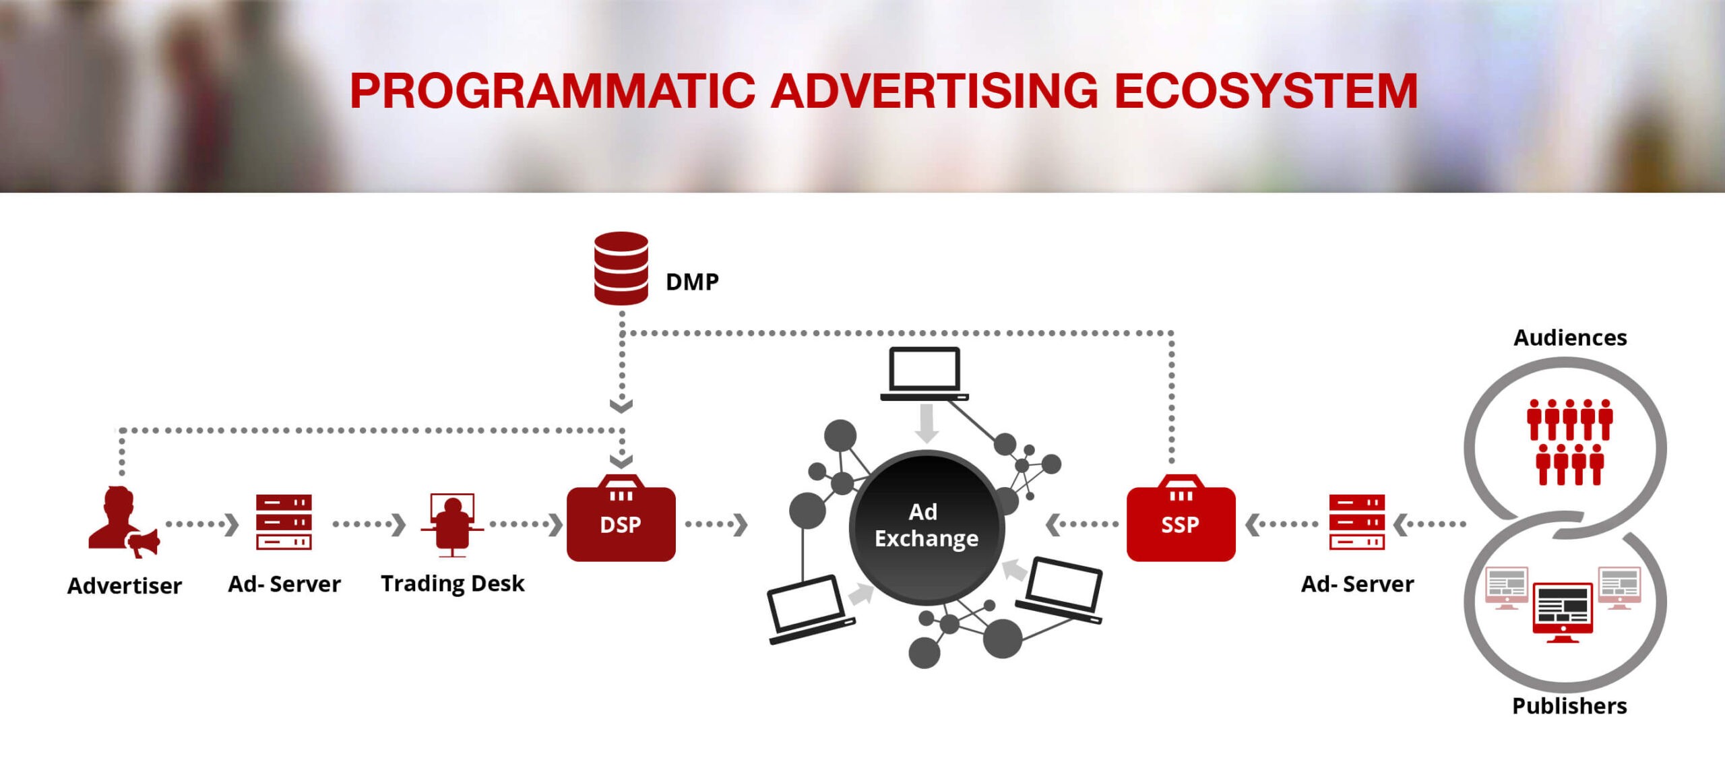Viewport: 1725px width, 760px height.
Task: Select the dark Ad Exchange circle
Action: [x=927, y=526]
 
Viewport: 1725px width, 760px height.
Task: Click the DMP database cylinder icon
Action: [x=621, y=268]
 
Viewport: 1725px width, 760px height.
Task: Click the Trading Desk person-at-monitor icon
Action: [x=452, y=525]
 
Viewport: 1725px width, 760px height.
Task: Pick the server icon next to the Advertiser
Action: [x=284, y=522]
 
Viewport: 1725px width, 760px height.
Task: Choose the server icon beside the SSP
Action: [x=1356, y=522]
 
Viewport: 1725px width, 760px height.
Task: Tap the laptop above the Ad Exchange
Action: [x=924, y=373]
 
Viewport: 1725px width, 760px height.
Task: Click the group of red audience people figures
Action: [x=1569, y=441]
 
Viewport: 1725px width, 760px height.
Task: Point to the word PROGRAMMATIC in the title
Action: [x=553, y=91]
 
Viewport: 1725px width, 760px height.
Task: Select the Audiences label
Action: [x=1569, y=338]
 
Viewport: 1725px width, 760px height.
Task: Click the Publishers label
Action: [x=1569, y=705]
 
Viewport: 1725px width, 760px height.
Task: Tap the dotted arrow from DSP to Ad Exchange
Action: [x=716, y=524]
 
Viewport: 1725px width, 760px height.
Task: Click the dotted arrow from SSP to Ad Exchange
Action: [x=1081, y=524]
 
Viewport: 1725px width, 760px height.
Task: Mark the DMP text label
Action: [x=692, y=282]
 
